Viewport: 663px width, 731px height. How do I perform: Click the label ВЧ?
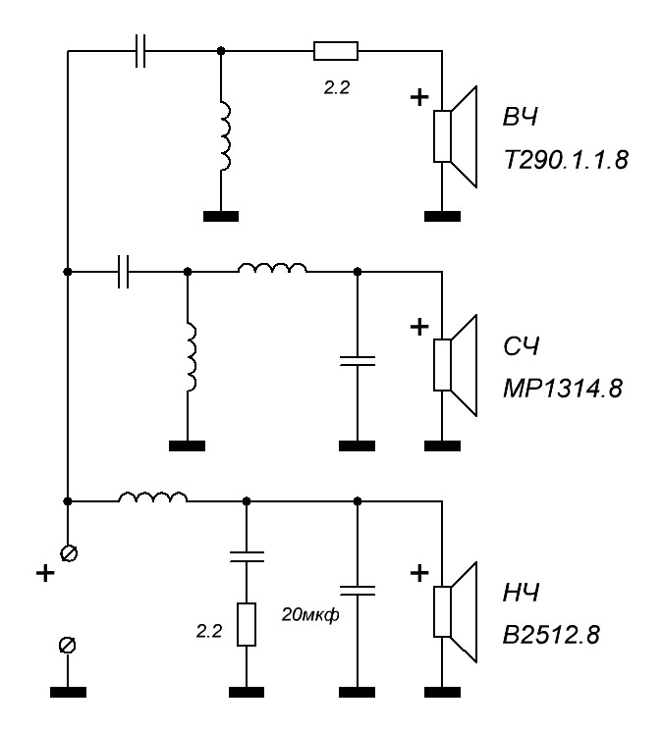coord(523,119)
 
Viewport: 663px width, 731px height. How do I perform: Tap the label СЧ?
coord(523,346)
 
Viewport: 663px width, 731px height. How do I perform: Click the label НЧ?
coord(523,594)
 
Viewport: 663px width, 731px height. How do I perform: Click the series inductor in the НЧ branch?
coord(153,499)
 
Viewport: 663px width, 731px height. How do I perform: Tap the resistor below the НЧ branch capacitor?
coord(247,623)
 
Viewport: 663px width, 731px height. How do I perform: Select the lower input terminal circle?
coord(68,644)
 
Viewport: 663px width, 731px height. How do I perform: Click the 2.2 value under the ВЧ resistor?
coord(336,86)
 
